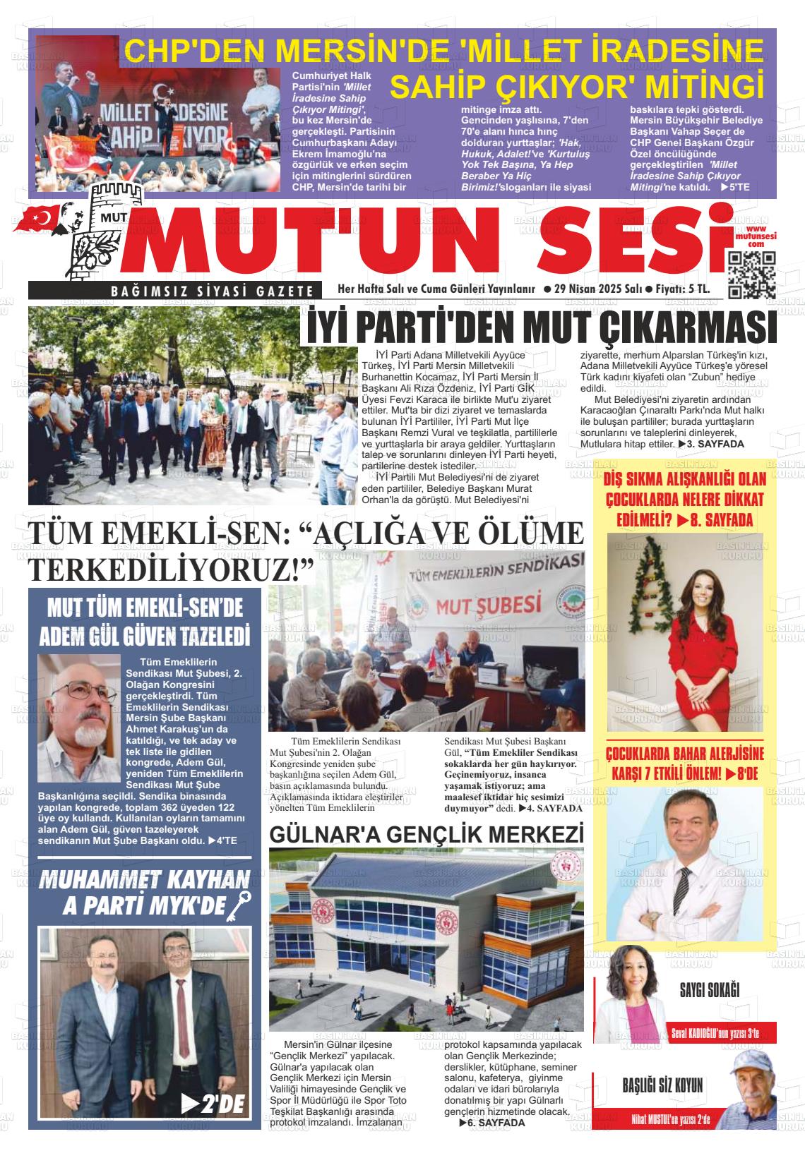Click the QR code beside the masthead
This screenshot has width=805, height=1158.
point(752,275)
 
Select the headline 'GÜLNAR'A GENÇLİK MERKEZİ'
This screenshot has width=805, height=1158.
point(427,834)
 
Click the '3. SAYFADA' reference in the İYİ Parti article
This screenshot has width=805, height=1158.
point(710,444)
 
